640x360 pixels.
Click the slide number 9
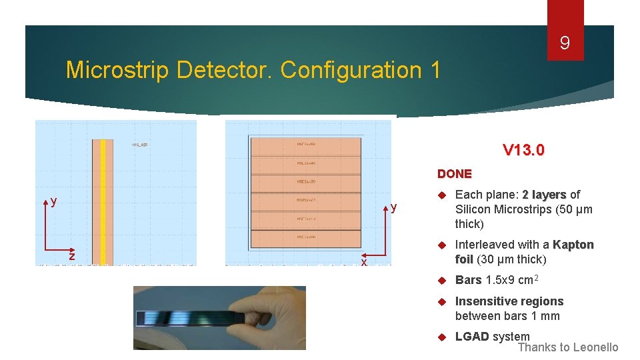[x=565, y=44]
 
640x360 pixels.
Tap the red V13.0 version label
[x=523, y=150]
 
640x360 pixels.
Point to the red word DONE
[x=454, y=173]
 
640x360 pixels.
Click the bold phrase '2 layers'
[x=544, y=195]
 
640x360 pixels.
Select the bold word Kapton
[x=573, y=245]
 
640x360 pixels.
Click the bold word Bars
[x=468, y=280]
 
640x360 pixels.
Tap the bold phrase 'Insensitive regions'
[x=509, y=301]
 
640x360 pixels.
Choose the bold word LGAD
[x=471, y=337]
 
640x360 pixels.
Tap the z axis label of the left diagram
[x=72, y=257]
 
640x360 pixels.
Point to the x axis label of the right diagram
[x=364, y=263]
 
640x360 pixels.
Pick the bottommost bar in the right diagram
[x=305, y=238]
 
